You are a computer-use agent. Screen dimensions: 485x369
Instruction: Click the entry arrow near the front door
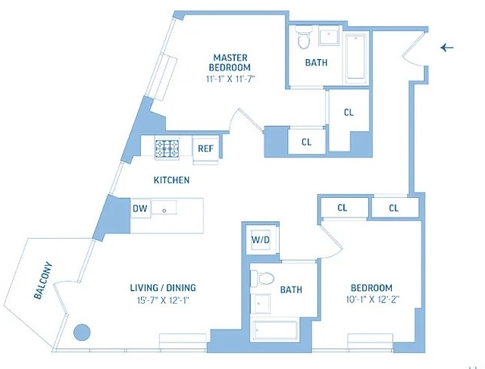coord(447,48)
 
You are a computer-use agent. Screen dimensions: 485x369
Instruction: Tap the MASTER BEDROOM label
coord(230,62)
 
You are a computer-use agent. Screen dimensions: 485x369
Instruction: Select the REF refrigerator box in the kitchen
coord(205,149)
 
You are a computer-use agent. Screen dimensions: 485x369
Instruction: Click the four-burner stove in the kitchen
coord(167,149)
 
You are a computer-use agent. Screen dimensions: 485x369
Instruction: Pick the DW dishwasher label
coord(139,208)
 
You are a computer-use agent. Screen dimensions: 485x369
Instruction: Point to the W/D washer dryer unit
coord(260,240)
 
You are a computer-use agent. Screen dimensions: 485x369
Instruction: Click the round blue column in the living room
coord(82,333)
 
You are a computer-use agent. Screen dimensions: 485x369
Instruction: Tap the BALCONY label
coord(42,281)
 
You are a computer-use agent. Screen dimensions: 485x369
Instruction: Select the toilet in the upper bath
coord(303,37)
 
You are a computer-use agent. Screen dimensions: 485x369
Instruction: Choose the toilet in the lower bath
coord(262,278)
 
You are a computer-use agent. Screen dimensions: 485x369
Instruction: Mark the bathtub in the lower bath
coord(275,331)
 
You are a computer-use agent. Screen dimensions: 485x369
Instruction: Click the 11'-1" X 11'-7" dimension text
coord(230,80)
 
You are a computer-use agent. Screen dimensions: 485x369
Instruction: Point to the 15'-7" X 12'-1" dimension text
coord(163,300)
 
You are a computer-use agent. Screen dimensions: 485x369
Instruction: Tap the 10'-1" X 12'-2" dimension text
coord(373,299)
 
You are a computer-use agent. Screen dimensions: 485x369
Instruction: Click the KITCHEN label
coord(172,180)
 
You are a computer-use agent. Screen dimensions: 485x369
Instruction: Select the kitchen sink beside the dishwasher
coord(164,208)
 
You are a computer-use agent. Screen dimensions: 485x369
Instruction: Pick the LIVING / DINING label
coord(163,288)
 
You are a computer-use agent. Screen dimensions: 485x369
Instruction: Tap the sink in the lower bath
coord(261,303)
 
